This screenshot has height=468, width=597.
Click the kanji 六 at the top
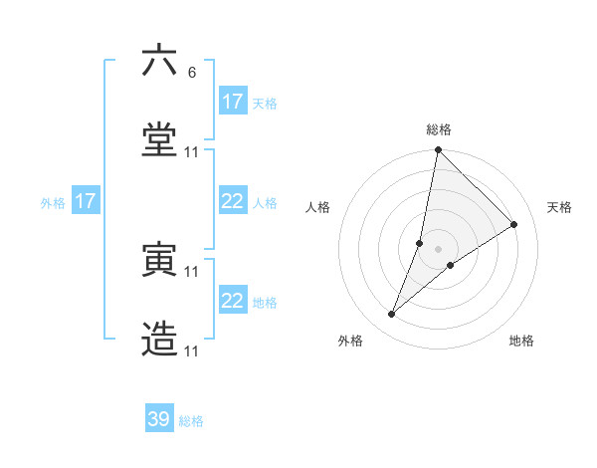[159, 62]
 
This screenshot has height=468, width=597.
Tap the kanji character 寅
[159, 261]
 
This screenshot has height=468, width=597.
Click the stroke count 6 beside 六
[192, 72]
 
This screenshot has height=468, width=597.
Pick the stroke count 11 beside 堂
[192, 151]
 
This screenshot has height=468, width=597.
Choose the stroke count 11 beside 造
[192, 351]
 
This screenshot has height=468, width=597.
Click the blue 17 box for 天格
[233, 102]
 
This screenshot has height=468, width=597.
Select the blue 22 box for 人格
[233, 201]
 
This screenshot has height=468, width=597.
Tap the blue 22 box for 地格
[233, 301]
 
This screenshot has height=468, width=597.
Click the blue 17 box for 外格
[86, 201]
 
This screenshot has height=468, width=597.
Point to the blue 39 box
[159, 419]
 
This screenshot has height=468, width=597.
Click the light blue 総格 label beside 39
[191, 421]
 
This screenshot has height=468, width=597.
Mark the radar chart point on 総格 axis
[438, 150]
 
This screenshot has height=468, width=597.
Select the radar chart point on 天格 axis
[514, 224]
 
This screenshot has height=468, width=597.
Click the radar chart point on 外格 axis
[392, 315]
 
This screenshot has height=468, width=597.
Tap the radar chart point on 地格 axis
[451, 265]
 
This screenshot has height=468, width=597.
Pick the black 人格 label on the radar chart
[318, 207]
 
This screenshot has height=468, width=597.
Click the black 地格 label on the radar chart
[521, 342]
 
